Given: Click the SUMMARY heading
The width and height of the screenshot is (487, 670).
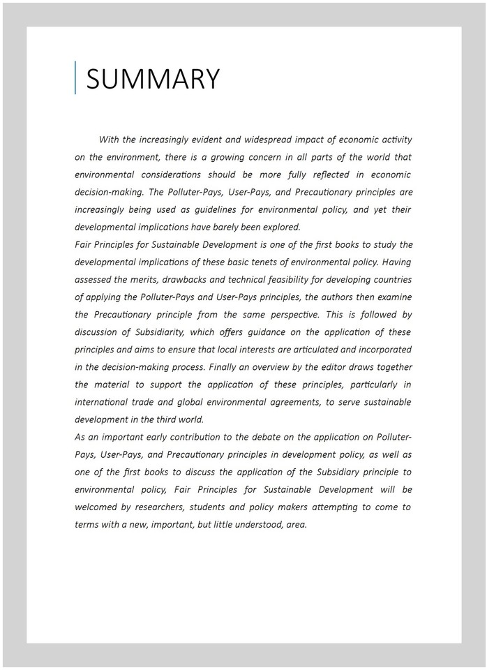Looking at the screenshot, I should [153, 78].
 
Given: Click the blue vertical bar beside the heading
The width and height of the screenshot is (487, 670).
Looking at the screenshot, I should [75, 77].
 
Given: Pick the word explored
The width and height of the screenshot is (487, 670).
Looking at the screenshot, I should [280, 227].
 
